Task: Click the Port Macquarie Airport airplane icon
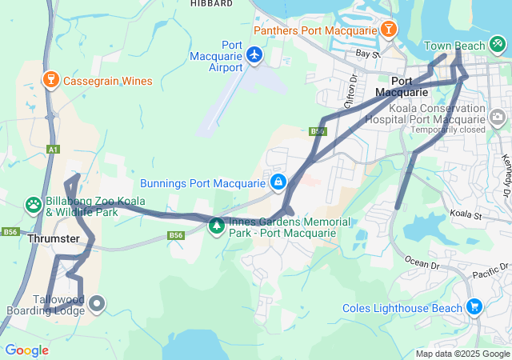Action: click(254, 54)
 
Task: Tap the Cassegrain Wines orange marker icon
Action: click(50, 80)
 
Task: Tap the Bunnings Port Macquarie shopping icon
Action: click(278, 182)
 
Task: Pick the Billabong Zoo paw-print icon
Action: click(34, 206)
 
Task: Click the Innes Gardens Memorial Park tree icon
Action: click(217, 226)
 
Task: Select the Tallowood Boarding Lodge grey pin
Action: click(97, 303)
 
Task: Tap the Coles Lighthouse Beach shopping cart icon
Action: click(474, 307)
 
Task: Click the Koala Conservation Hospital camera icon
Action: click(498, 118)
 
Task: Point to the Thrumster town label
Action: click(53, 239)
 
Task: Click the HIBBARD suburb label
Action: click(211, 4)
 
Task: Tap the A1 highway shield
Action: click(53, 149)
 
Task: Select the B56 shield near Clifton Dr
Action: click(318, 131)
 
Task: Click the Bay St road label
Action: click(367, 54)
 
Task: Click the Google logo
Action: click(26, 350)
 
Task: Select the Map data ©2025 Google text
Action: click(462, 354)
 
